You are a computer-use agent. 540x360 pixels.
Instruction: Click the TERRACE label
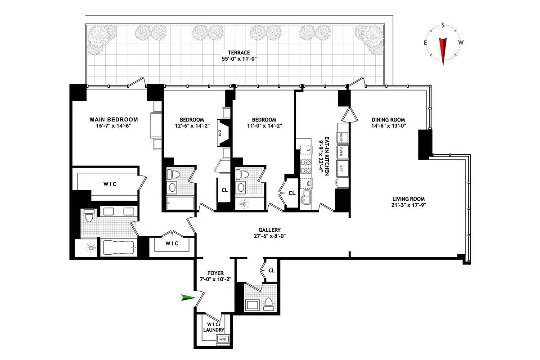click(x=238, y=53)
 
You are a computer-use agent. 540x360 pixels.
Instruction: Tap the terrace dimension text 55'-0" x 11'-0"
click(x=238, y=59)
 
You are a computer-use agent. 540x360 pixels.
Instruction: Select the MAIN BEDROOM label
click(x=113, y=120)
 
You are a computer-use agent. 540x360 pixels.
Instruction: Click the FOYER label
click(x=216, y=273)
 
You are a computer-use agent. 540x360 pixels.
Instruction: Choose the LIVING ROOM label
click(x=408, y=199)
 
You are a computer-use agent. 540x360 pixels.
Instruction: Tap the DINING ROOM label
click(x=389, y=120)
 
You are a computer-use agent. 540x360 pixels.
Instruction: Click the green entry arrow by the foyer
click(x=188, y=297)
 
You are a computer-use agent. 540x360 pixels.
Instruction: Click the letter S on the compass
click(x=443, y=25)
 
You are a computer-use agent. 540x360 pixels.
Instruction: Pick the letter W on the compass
click(x=460, y=43)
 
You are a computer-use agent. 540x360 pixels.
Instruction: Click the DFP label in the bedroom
click(x=220, y=133)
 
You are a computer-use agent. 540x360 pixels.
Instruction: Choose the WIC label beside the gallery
click(x=172, y=243)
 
